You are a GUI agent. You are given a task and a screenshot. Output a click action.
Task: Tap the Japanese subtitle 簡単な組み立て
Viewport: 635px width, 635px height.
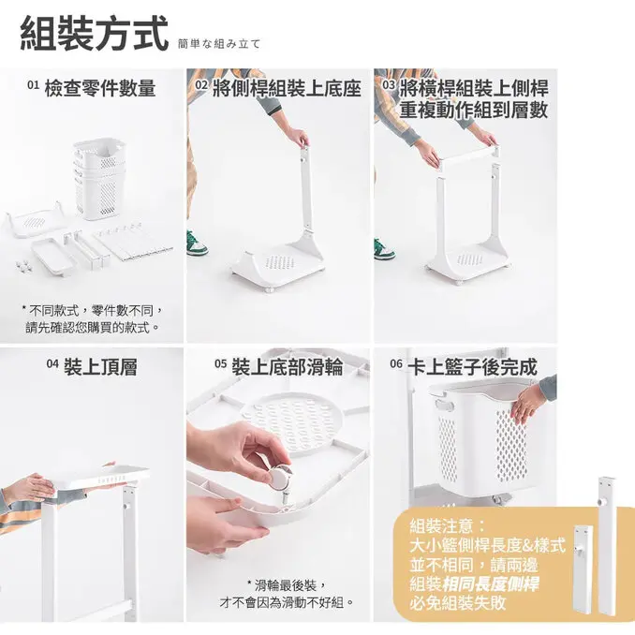coord(218,44)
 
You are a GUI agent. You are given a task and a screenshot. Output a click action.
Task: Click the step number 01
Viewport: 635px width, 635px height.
coord(33,86)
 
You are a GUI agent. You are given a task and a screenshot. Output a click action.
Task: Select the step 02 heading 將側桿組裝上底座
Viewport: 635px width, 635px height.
coord(285,89)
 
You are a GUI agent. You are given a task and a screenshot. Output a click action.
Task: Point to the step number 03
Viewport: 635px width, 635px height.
coord(389,87)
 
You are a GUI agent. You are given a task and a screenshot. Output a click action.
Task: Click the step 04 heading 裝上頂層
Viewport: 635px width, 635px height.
coord(100,366)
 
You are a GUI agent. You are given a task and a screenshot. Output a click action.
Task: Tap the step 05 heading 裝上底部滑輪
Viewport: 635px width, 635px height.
coord(286,366)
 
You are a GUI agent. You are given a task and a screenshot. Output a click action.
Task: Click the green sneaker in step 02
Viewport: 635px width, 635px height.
coord(196,244)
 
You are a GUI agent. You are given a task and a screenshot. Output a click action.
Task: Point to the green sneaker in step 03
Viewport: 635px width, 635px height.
coord(383,249)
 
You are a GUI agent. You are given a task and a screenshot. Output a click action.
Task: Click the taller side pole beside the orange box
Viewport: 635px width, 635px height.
coord(604,553)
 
